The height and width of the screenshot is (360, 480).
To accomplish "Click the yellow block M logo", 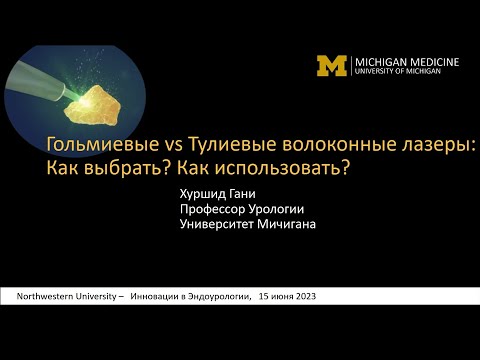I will pyautogui.click(x=332, y=66).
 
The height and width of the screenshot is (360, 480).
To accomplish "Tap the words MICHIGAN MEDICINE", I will pyautogui.click(x=406, y=62).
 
